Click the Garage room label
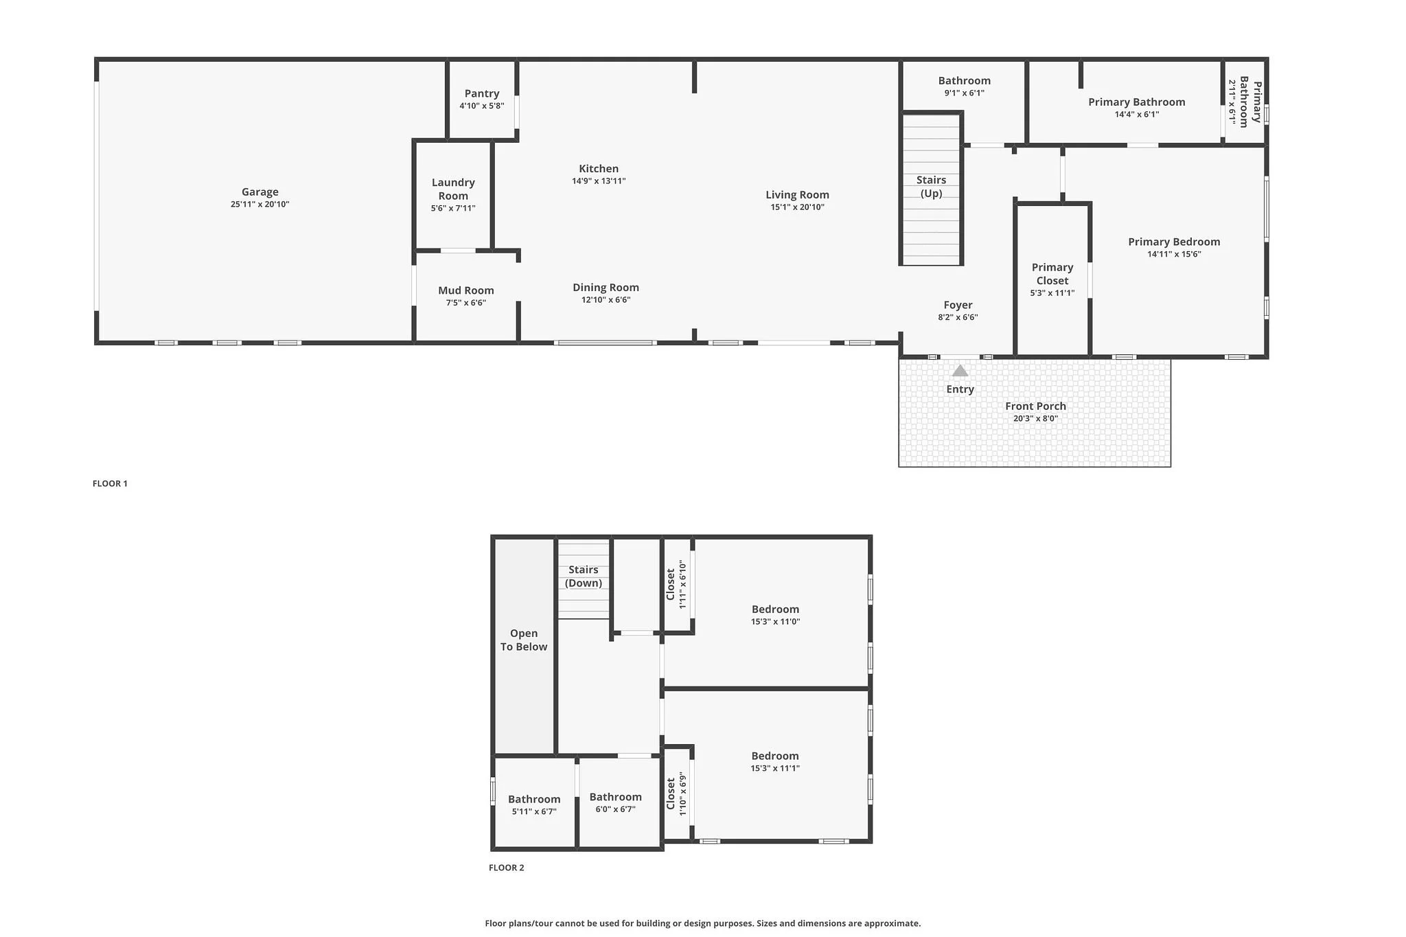(x=260, y=192)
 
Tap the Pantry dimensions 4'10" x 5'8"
(x=481, y=106)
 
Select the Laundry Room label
(x=453, y=189)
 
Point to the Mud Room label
(x=465, y=290)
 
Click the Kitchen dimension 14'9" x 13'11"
(x=598, y=181)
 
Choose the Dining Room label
(x=606, y=288)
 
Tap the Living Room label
(x=797, y=195)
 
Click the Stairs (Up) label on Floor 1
(x=931, y=187)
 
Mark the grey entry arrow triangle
(x=960, y=371)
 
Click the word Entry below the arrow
(x=960, y=389)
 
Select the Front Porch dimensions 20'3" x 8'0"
(x=1035, y=419)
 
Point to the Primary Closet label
(x=1052, y=274)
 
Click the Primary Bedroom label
(x=1174, y=242)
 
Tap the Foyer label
(x=958, y=305)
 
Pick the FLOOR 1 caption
(x=110, y=483)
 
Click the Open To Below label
(x=524, y=640)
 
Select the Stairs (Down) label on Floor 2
(x=583, y=577)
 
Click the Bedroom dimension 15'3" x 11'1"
(x=774, y=769)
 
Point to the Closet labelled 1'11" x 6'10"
(x=676, y=584)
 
